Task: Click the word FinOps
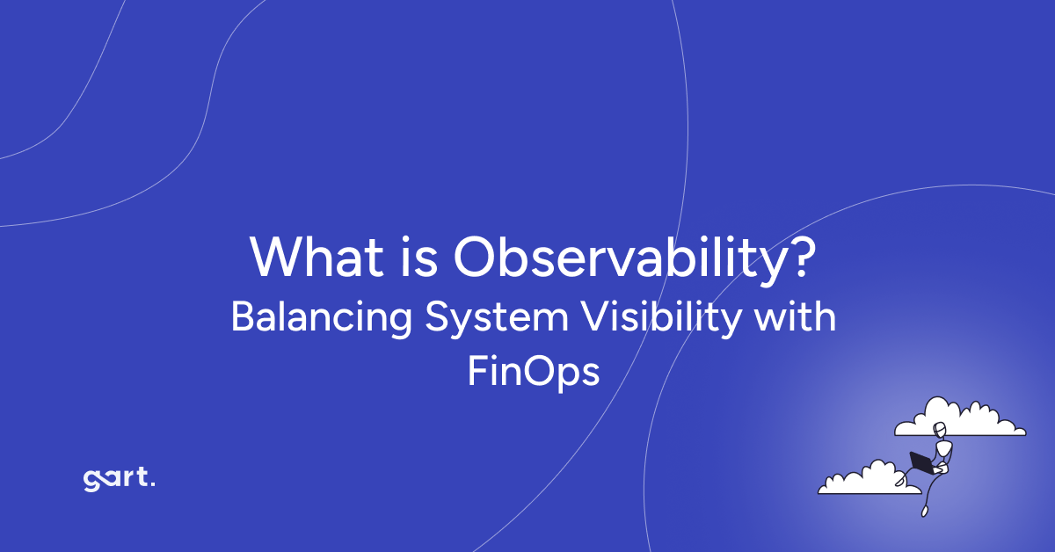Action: [x=533, y=373]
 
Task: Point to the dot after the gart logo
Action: [x=153, y=485]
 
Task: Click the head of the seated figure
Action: [x=941, y=430]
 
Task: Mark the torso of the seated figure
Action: [x=943, y=449]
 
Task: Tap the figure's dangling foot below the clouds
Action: [x=925, y=511]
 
